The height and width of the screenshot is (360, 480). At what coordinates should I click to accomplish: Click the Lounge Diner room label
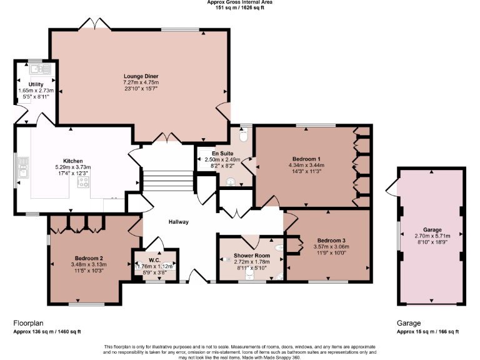[141, 76]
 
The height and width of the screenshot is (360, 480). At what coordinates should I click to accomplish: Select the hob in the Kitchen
[83, 182]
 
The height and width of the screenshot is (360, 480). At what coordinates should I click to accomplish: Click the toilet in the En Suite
[244, 134]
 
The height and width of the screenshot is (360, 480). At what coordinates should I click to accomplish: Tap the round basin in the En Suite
[231, 182]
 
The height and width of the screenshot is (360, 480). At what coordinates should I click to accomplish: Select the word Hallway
[178, 222]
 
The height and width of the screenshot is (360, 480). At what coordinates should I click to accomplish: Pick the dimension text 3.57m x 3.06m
[332, 247]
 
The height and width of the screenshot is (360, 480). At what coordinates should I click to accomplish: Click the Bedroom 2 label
[89, 258]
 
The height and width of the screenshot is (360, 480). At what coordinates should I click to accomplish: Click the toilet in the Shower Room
[279, 276]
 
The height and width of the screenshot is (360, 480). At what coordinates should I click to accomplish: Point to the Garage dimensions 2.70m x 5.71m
[432, 236]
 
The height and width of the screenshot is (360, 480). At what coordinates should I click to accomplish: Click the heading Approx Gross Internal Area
[240, 2]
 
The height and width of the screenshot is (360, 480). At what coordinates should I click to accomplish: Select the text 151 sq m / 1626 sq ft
[240, 9]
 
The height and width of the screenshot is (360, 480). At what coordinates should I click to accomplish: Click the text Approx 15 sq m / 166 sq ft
[427, 332]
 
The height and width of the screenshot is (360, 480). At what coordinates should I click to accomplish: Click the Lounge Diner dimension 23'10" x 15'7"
[141, 89]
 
